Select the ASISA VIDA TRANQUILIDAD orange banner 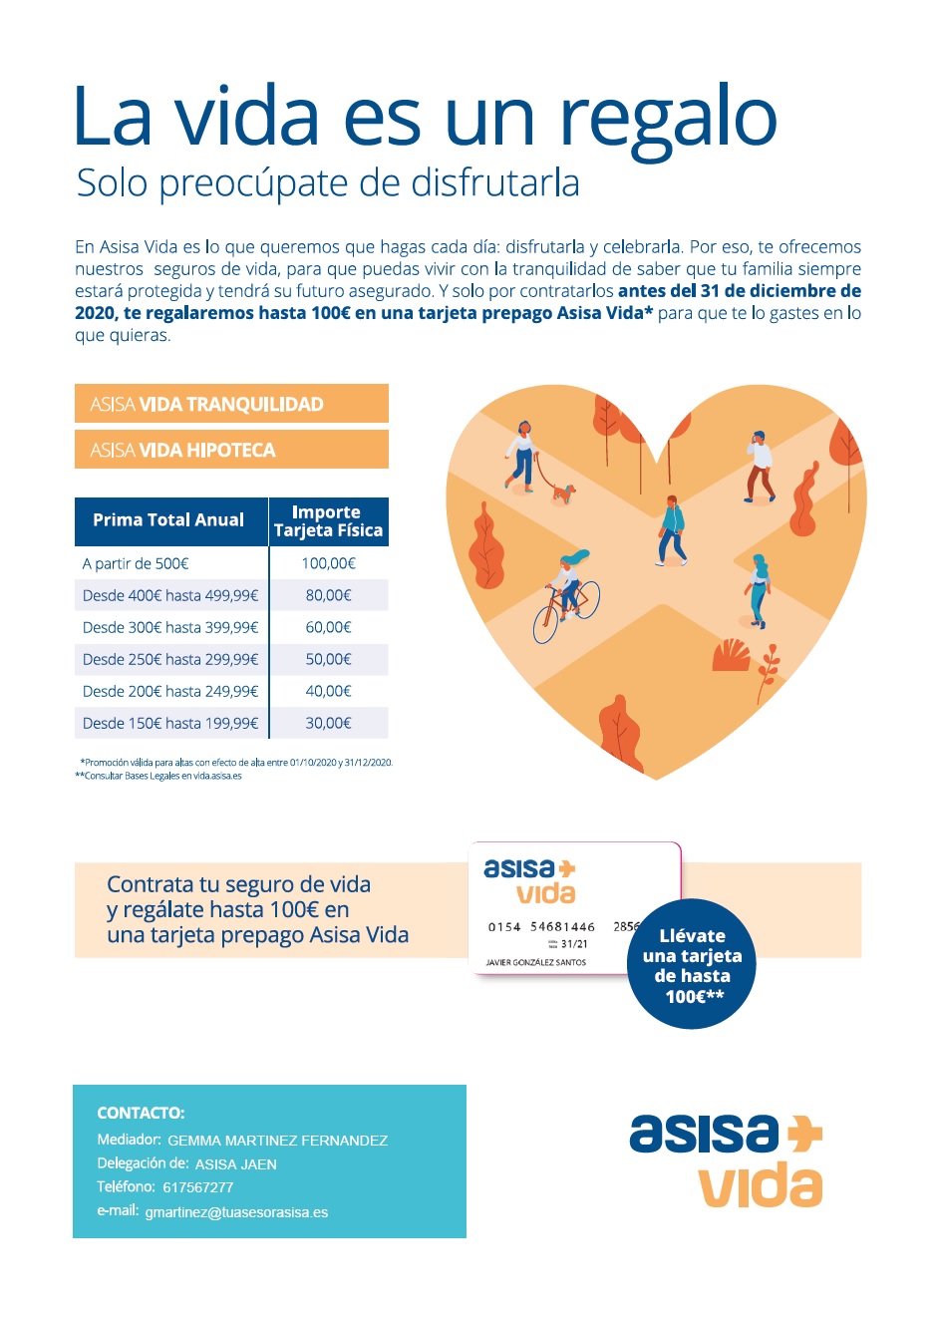coord(231,404)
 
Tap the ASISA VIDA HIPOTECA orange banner coord(231,450)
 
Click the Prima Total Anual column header coord(168,520)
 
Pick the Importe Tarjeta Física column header coord(328,521)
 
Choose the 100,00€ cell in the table coord(328,563)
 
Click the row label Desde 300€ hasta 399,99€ coord(170,627)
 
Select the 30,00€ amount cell coord(328,723)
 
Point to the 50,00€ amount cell coord(328,659)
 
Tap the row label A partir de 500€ coord(136,563)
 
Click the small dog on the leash coord(564,493)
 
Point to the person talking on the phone coord(760,466)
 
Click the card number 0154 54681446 coord(541,927)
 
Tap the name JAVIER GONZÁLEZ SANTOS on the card coord(535,963)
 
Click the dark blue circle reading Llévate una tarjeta coord(692,965)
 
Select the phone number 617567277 coord(198,1187)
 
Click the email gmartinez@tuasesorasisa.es coord(236,1212)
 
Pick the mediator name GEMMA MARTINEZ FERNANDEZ coord(277,1141)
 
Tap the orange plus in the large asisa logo coord(804,1134)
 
